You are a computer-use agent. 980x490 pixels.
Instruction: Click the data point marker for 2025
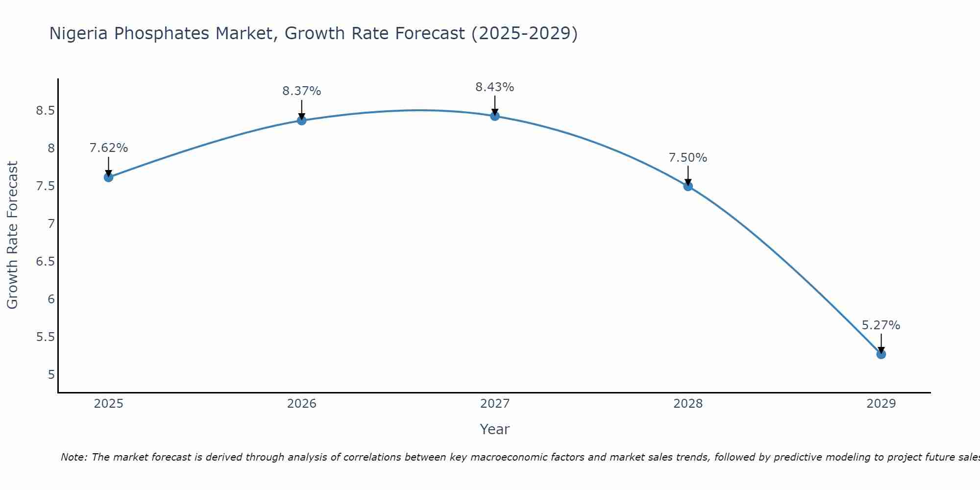pos(109,177)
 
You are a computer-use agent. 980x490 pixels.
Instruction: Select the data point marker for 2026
pos(302,120)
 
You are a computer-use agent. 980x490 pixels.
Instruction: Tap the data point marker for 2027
pos(495,116)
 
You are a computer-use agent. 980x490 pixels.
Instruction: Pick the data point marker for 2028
pos(688,186)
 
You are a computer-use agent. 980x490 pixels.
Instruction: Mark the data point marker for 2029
pos(881,354)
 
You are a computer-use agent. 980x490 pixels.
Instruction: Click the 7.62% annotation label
pos(109,148)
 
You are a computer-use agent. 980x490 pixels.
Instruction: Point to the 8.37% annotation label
pos(302,91)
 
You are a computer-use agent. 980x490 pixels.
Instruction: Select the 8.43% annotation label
pos(495,87)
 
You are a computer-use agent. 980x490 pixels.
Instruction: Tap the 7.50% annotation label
pos(688,158)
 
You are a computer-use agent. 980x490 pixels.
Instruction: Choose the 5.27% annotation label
pos(881,325)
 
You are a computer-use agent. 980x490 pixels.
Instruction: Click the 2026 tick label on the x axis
pos(302,404)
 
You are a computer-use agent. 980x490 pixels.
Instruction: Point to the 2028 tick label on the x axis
pos(688,404)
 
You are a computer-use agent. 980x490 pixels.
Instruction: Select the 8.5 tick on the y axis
pos(45,111)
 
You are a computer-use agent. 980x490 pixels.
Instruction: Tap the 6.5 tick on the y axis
pos(45,262)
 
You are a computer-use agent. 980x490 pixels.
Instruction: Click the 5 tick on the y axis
pos(51,375)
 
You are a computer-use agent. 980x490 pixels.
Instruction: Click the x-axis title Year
pos(495,429)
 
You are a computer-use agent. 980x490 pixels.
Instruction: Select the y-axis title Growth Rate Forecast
pos(13,235)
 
